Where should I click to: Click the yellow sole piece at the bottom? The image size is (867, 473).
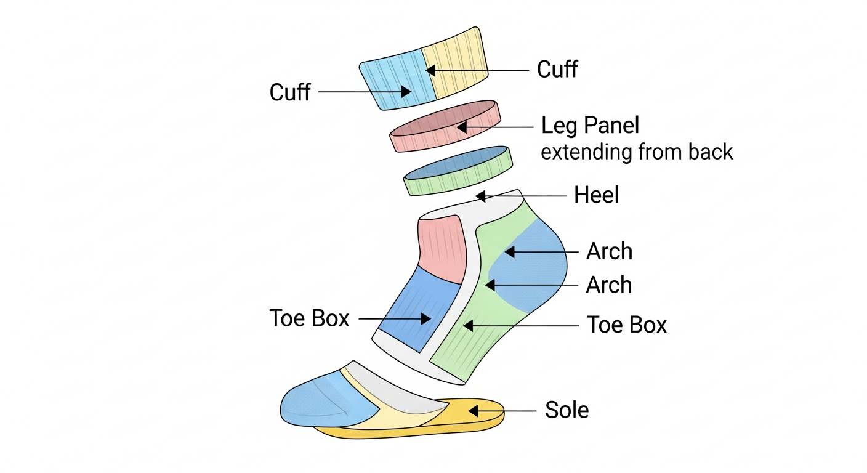[474, 425]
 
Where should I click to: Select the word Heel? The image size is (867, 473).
[596, 196]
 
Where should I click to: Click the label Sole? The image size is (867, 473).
[567, 410]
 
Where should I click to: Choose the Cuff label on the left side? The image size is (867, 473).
[290, 92]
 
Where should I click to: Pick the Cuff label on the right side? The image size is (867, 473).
[557, 70]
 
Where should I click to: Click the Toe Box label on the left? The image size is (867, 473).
[309, 318]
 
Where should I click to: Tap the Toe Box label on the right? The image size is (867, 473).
[627, 325]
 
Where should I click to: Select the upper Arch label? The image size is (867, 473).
[609, 251]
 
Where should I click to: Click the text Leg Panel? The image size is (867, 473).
[590, 126]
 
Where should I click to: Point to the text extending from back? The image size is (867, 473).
[637, 152]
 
